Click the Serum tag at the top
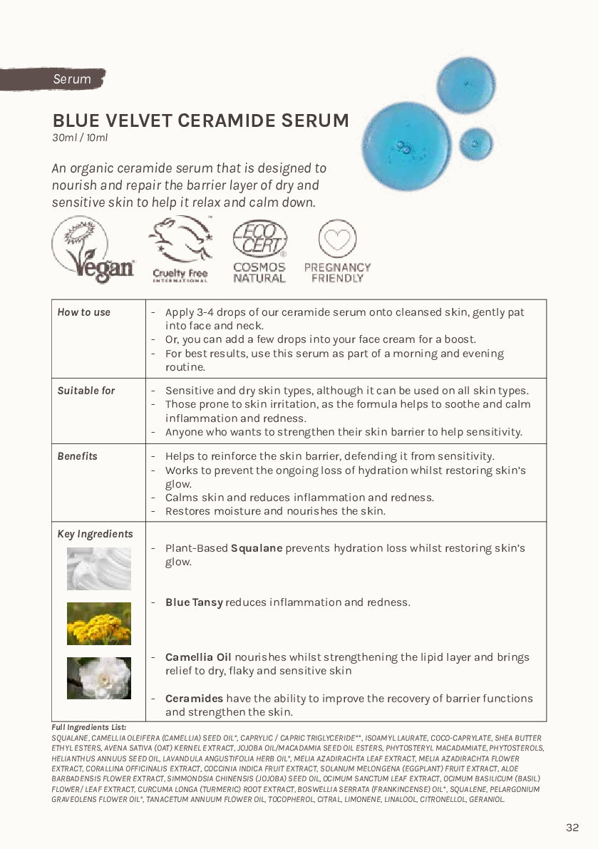tap(71, 79)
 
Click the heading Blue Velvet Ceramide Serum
tap(200, 120)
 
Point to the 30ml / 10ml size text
tap(80, 138)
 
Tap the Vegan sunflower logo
tap(93, 250)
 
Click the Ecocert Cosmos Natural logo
tap(259, 252)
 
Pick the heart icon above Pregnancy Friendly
tap(337, 239)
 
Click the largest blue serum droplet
tap(407, 144)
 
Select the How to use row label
tap(84, 312)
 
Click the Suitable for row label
tap(86, 391)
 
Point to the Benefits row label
tap(78, 456)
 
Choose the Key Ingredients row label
tap(95, 534)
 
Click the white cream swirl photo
tap(99, 569)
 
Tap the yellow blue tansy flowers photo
tap(99, 623)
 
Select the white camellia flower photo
tap(99, 678)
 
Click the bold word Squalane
tap(257, 548)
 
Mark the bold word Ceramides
tap(194, 699)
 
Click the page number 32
tap(572, 828)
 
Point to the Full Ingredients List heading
tap(88, 727)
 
